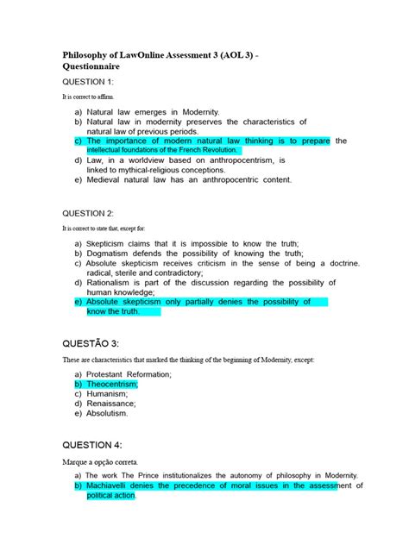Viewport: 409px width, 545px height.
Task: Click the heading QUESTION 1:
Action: coord(95,82)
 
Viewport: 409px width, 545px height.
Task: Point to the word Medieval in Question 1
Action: coord(107,180)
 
